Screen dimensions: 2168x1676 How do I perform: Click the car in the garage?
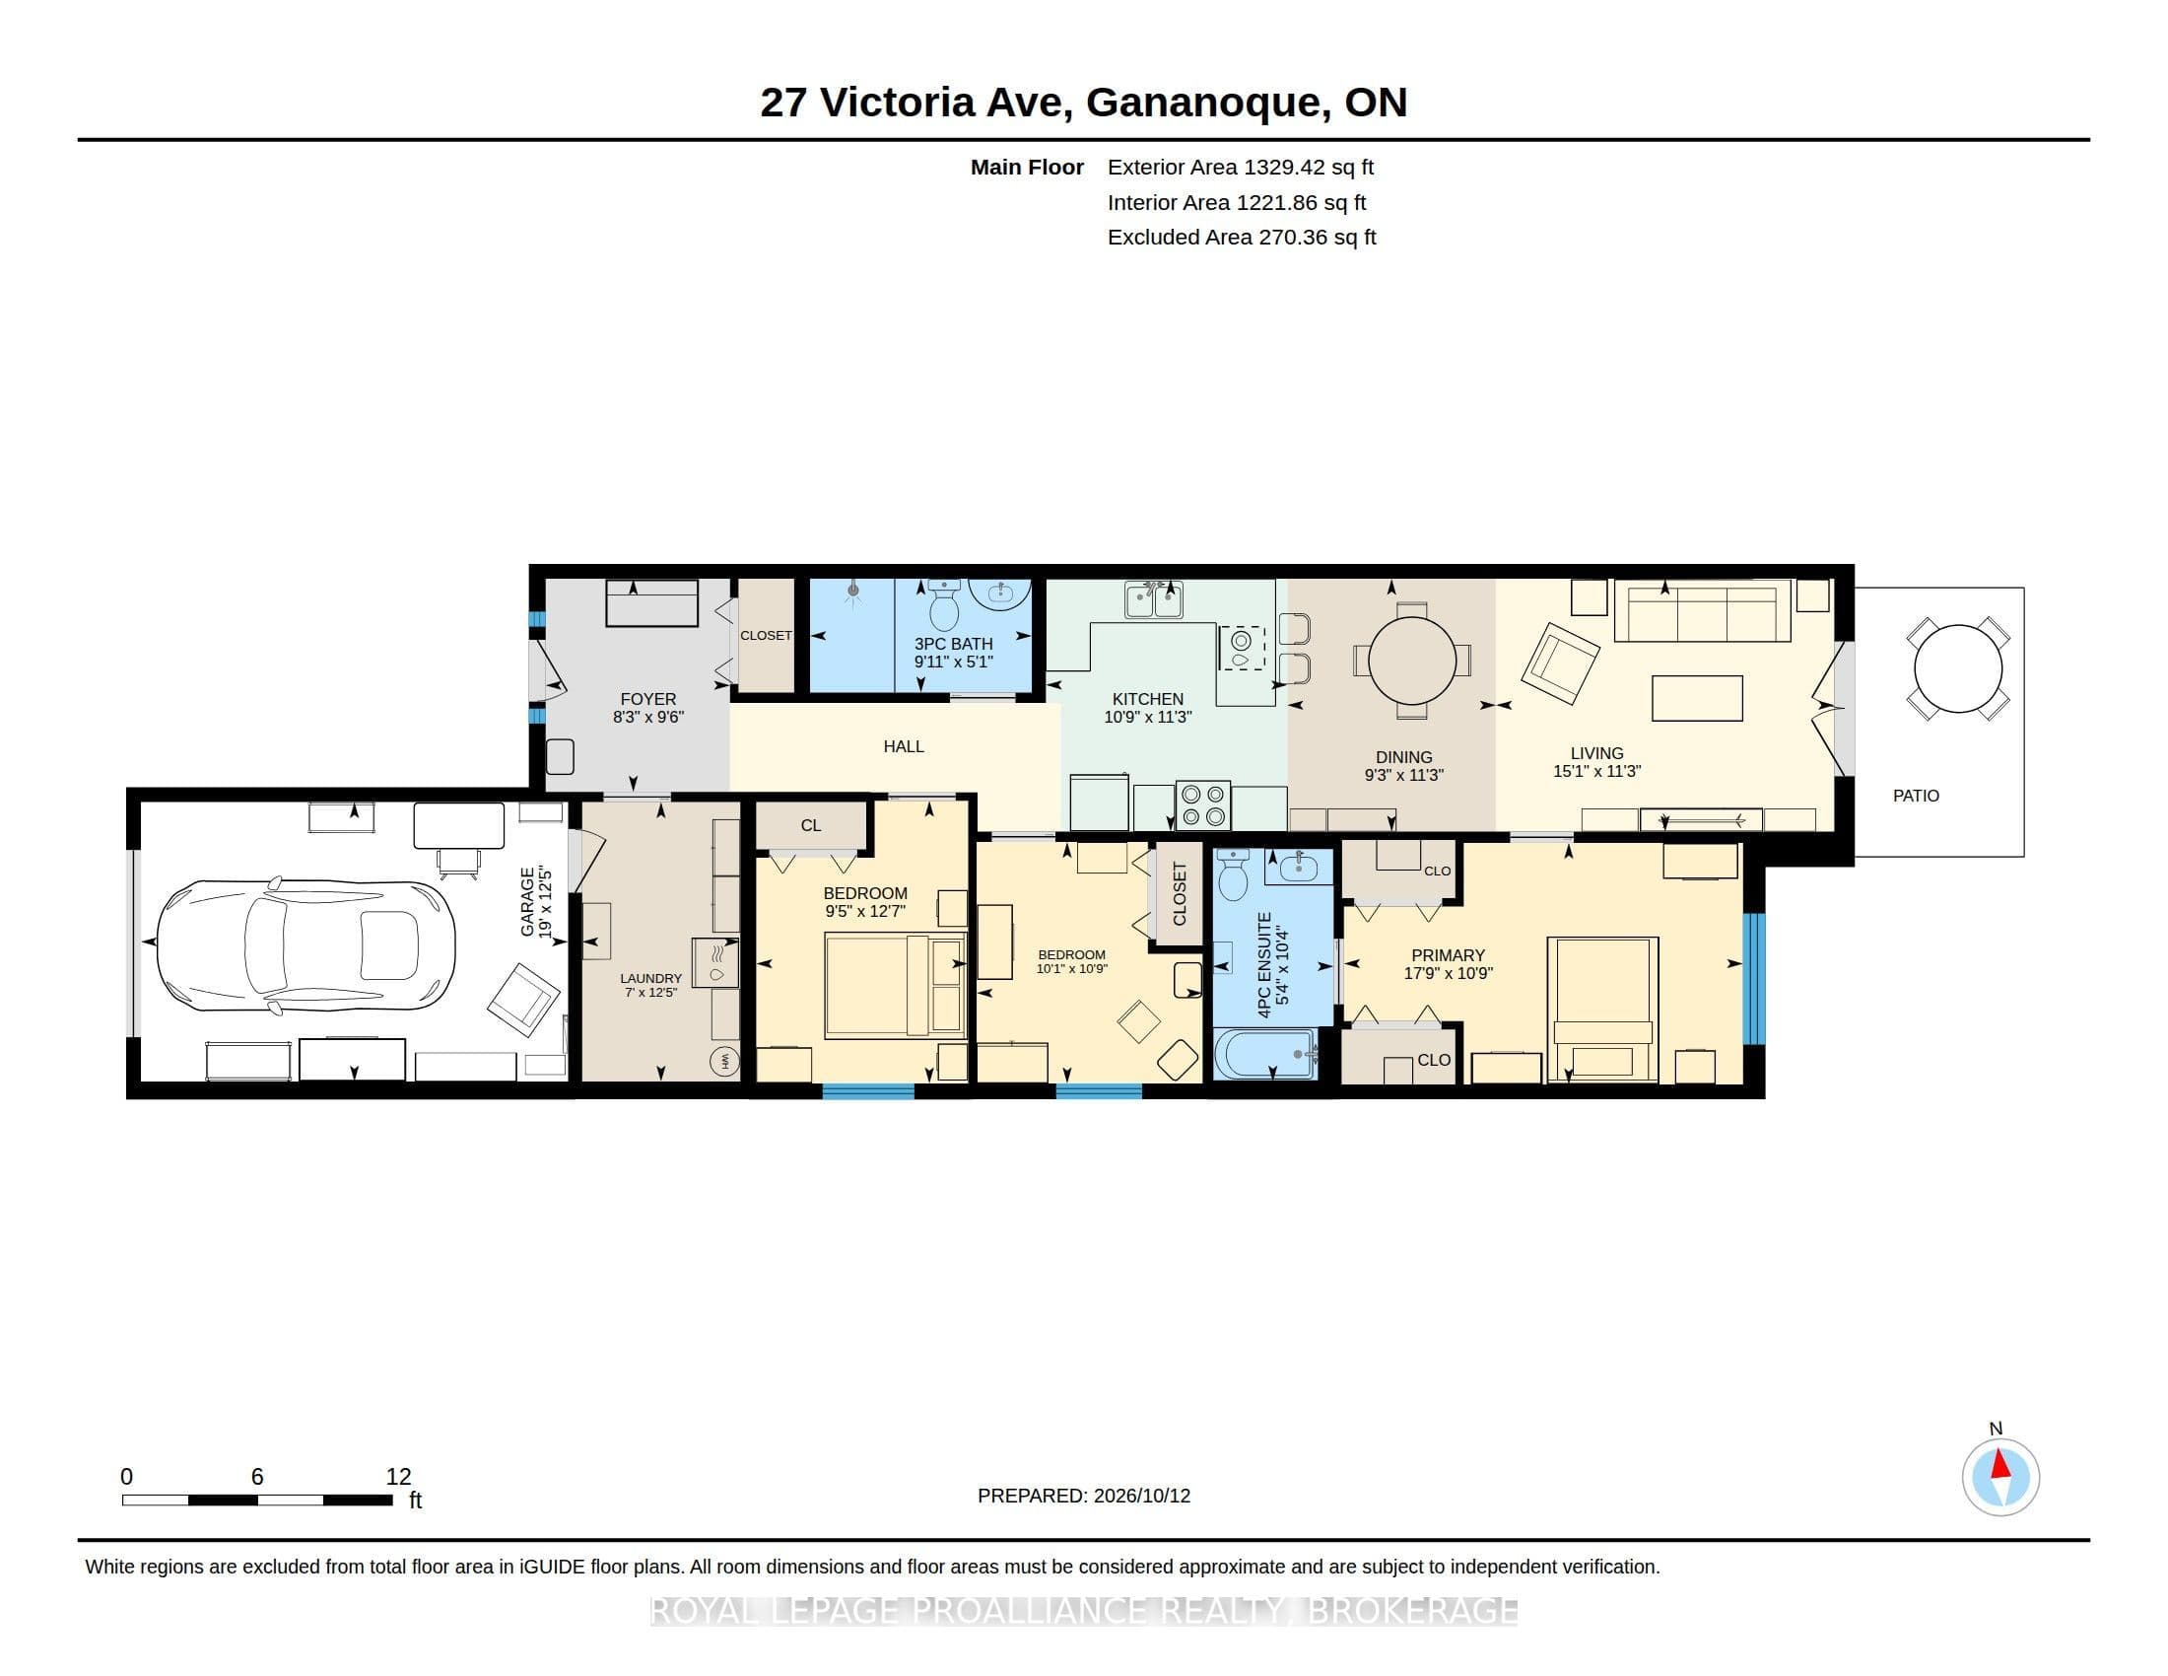(305, 945)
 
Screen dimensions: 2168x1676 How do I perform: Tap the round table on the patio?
(1957, 668)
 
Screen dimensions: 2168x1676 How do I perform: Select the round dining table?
(1411, 661)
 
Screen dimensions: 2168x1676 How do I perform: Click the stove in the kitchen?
(1203, 805)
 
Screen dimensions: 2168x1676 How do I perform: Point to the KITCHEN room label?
(1147, 699)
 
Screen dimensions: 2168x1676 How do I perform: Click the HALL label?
(904, 746)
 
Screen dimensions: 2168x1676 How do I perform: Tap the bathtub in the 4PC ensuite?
(1265, 1055)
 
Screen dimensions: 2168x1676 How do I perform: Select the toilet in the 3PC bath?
(944, 604)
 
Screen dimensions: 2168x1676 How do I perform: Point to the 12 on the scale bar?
(398, 1477)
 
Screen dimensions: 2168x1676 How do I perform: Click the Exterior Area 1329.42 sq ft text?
(1241, 167)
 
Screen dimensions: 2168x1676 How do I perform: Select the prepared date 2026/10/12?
(1141, 1496)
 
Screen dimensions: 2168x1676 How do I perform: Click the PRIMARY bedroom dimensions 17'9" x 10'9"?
(1449, 974)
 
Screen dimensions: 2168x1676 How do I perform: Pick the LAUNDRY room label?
(651, 978)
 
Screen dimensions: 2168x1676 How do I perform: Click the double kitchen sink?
(1154, 599)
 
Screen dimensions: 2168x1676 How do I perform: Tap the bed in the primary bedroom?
(1602, 1009)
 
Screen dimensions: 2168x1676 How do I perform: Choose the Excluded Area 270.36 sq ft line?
(1242, 238)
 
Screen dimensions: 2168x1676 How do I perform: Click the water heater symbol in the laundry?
(724, 1062)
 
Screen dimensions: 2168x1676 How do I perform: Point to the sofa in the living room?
(1703, 610)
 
